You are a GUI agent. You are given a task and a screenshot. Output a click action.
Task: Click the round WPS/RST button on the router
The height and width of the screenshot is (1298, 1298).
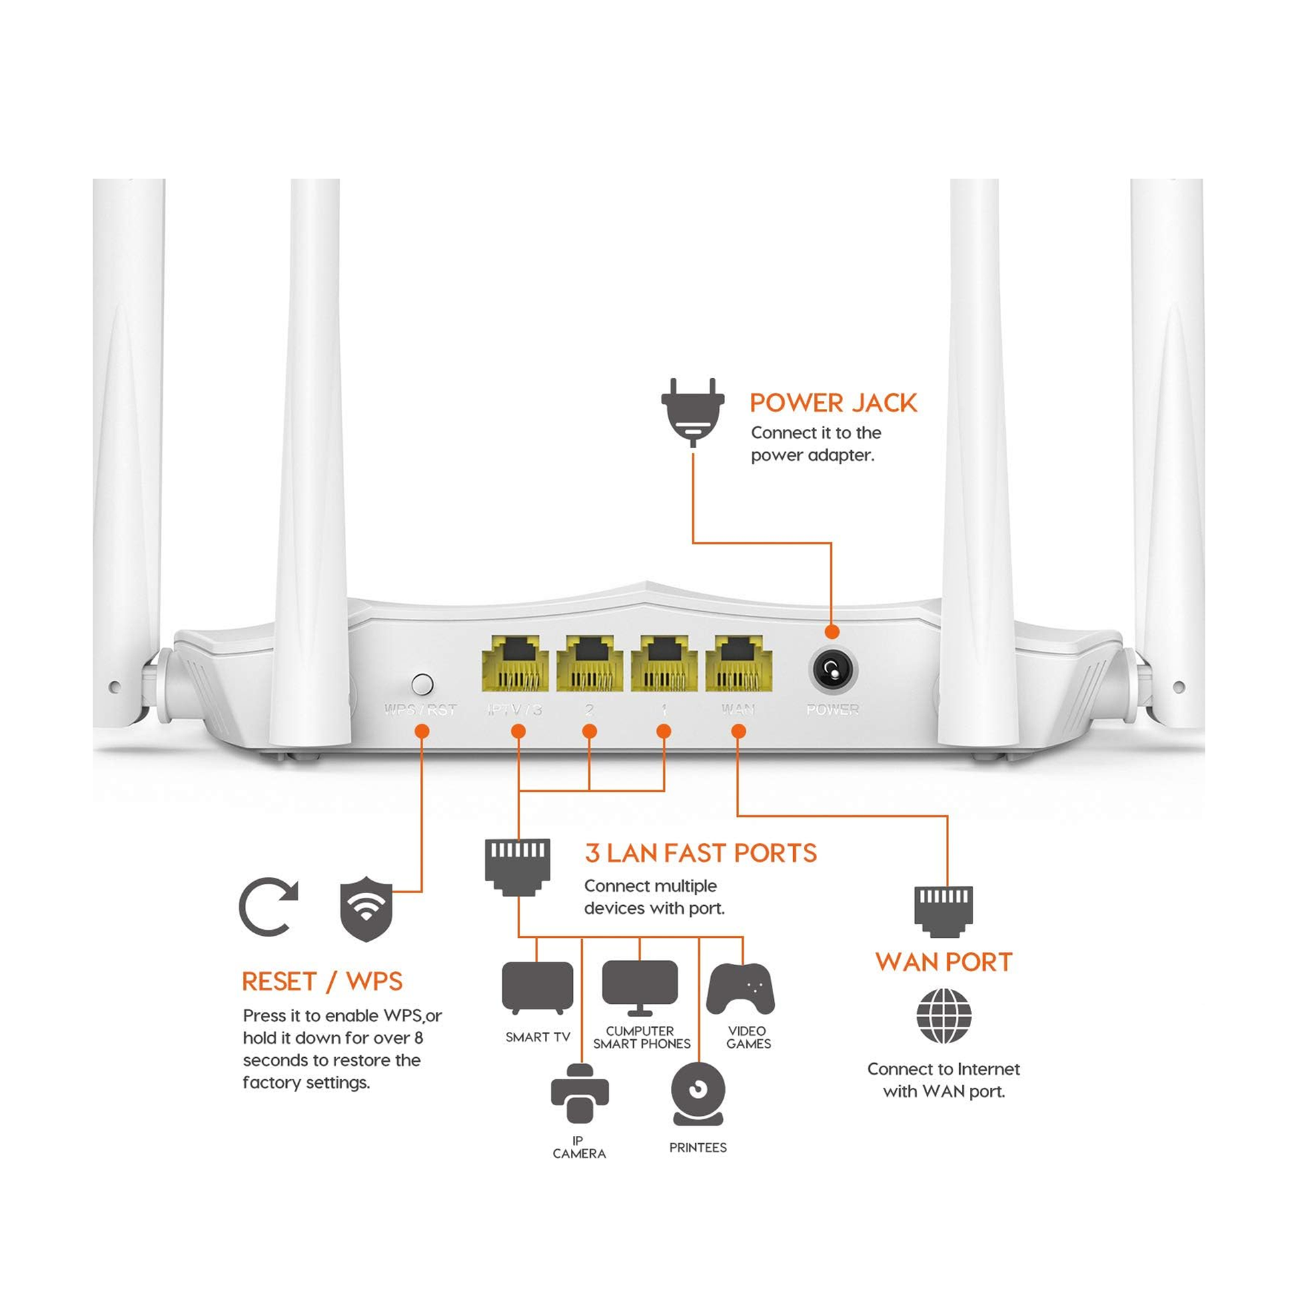click(422, 684)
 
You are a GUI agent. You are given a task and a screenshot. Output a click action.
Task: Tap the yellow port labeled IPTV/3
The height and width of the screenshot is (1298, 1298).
click(515, 663)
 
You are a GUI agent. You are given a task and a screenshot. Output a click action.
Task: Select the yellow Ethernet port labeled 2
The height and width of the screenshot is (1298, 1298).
click(589, 663)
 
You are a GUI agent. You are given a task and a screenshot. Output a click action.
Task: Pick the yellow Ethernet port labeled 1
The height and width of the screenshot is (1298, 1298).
click(663, 663)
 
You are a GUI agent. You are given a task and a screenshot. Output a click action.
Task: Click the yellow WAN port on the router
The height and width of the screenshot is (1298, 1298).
click(738, 663)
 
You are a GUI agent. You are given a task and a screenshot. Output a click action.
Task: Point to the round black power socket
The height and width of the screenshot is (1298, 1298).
click(832, 670)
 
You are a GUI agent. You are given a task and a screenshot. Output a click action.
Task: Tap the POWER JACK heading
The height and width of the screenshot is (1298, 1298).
click(833, 403)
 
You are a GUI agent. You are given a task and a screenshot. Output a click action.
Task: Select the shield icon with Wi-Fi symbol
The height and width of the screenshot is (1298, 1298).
click(366, 908)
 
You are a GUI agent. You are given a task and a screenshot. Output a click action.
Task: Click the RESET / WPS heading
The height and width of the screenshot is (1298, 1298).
click(321, 982)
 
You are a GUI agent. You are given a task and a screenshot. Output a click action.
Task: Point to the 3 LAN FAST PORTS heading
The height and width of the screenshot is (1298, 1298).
click(701, 853)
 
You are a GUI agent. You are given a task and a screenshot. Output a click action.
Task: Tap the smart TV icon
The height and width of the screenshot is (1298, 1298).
click(538, 987)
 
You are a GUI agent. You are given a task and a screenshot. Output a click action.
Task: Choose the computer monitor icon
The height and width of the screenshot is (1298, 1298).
click(640, 986)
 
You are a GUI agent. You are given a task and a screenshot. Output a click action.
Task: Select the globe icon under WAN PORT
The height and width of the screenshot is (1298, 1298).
click(944, 1016)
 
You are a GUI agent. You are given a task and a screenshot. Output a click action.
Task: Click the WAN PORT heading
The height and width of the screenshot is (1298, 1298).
click(943, 962)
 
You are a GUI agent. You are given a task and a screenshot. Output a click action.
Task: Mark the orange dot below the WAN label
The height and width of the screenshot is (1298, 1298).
click(738, 732)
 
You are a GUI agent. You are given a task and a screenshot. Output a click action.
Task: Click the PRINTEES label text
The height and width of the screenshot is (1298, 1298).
click(698, 1148)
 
